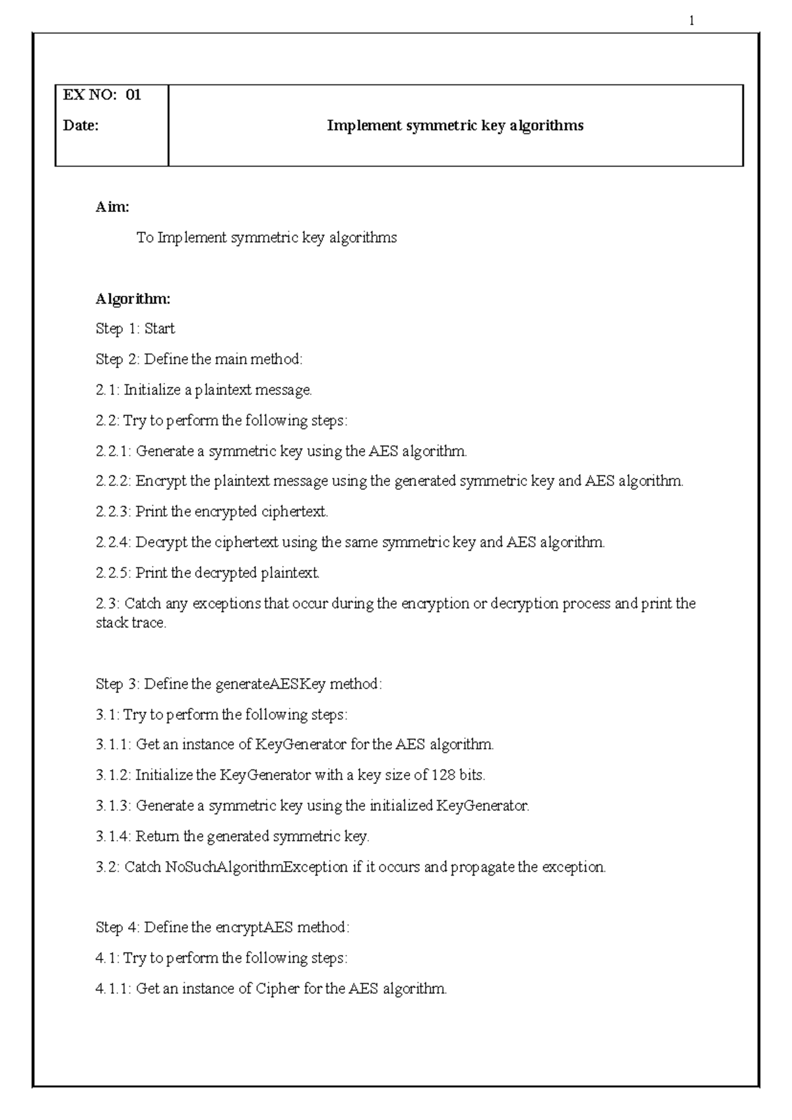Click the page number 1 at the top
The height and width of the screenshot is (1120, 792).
[x=691, y=21]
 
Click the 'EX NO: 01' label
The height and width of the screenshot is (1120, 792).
[x=102, y=95]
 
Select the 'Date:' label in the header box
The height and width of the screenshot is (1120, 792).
[x=81, y=125]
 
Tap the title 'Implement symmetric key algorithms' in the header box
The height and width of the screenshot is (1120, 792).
[x=455, y=125]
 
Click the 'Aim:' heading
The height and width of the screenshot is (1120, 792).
[x=112, y=207]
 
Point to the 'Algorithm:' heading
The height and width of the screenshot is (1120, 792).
[x=133, y=299]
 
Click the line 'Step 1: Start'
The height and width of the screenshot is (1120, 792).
[x=135, y=329]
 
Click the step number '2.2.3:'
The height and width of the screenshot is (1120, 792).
[x=114, y=512]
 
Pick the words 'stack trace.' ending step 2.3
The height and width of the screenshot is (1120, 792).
[x=131, y=623]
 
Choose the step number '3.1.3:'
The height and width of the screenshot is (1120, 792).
[x=114, y=806]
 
